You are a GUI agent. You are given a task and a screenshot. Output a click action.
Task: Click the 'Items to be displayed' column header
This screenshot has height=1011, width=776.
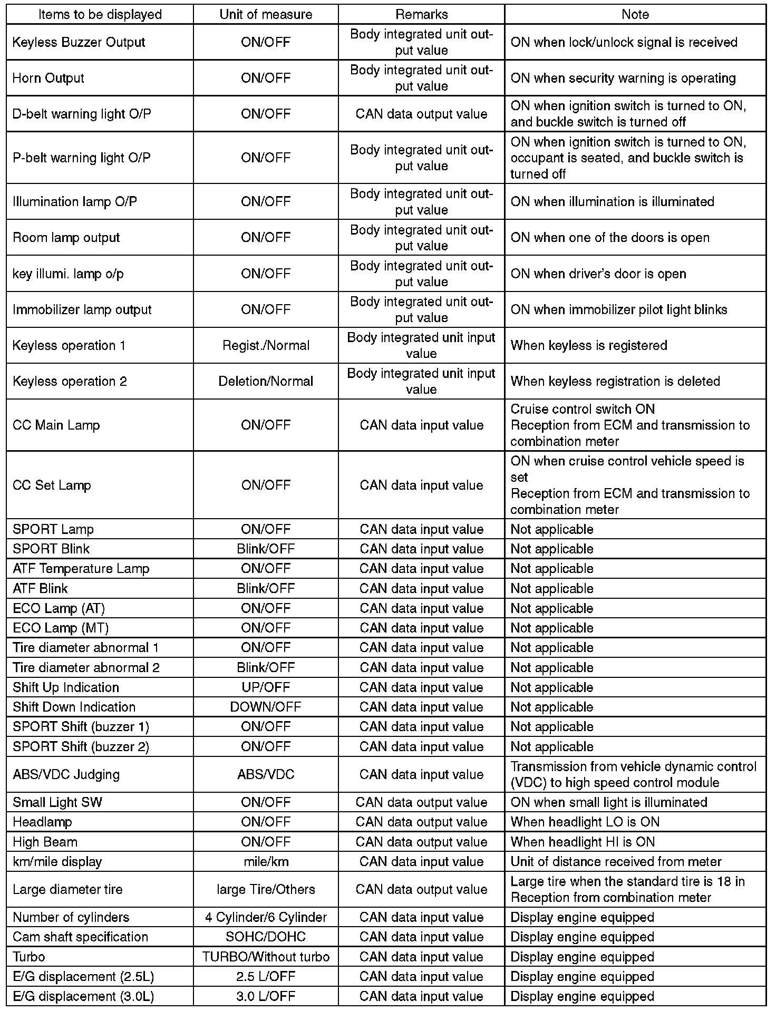(x=100, y=14)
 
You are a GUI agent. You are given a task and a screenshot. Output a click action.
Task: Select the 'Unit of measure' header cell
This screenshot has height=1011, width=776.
(x=266, y=14)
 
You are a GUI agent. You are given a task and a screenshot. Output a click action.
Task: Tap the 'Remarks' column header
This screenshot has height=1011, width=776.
(x=421, y=14)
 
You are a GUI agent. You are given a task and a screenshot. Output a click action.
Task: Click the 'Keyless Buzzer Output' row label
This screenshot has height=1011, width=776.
(x=79, y=42)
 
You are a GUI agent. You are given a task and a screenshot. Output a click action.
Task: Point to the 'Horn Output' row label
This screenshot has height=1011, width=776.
(x=48, y=78)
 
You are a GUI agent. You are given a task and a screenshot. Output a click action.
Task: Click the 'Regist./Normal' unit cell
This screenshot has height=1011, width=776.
(x=266, y=345)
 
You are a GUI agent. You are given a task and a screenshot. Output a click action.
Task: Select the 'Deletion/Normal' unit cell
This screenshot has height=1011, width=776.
(x=266, y=381)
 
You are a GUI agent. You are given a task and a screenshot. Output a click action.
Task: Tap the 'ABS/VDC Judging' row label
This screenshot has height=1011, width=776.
(x=66, y=774)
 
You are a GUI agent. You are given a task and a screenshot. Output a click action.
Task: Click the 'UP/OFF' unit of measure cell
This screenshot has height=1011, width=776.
(x=266, y=687)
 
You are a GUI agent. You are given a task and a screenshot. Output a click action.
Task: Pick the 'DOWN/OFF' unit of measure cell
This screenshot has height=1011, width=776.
(x=266, y=707)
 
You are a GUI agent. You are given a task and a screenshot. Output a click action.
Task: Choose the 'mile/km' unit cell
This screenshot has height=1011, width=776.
(x=266, y=861)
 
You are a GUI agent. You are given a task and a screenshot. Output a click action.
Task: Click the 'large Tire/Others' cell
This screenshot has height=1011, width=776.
(x=266, y=889)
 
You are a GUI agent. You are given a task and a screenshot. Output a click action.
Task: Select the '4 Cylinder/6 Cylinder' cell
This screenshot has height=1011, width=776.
(x=266, y=917)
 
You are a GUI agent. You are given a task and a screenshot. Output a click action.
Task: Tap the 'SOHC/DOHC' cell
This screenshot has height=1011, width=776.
(x=266, y=937)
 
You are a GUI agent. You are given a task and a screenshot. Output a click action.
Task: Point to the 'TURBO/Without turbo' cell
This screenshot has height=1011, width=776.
(x=266, y=957)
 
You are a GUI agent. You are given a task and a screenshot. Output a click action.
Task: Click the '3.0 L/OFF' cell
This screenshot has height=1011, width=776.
(x=266, y=996)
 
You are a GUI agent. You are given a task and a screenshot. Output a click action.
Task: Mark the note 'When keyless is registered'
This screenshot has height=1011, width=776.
(x=589, y=345)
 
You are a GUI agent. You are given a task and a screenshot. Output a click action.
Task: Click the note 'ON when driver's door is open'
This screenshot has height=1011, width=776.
(x=598, y=274)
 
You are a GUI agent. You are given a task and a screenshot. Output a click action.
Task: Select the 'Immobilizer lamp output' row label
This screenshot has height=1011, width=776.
(x=82, y=309)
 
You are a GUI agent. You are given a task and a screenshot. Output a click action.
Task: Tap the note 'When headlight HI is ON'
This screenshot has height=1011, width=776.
(x=583, y=842)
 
